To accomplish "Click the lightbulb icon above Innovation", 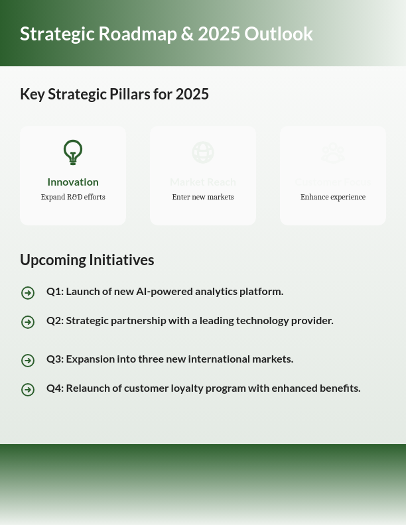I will [73, 152].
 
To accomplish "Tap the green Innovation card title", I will [73, 182].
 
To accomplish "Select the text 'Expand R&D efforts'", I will [73, 197].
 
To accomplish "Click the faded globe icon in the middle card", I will [203, 152].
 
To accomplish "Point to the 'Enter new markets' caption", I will [203, 197].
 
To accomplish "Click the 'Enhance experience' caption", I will [333, 197].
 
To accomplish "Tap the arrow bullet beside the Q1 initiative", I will [28, 293].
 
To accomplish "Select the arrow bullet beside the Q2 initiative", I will [28, 322].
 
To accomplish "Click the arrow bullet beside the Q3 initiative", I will [28, 361].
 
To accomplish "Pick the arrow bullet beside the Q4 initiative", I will [28, 390].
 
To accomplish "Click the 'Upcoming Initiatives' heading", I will [87, 260].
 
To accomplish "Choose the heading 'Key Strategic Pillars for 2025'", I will [114, 94].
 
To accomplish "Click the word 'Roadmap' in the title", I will [137, 34].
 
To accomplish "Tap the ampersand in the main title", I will [187, 34].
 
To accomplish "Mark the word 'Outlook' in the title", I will [278, 34].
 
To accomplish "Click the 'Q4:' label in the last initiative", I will [55, 388].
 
